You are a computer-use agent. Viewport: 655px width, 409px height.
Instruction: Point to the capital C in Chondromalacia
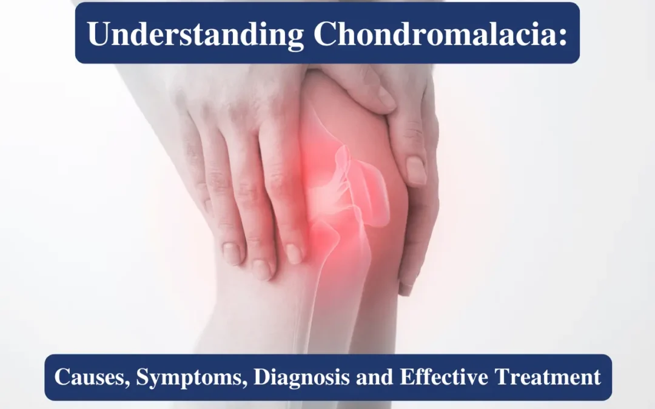pyautogui.click(x=326, y=34)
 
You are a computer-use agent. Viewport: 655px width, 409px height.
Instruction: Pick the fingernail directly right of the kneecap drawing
pyautogui.click(x=416, y=171)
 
